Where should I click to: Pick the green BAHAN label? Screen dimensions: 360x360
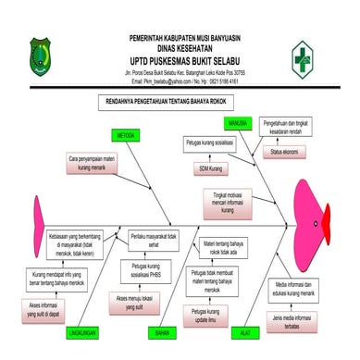163,331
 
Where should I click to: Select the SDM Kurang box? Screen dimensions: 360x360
211,170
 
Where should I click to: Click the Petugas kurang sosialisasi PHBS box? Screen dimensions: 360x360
142,270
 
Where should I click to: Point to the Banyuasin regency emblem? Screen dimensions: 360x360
43,54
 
